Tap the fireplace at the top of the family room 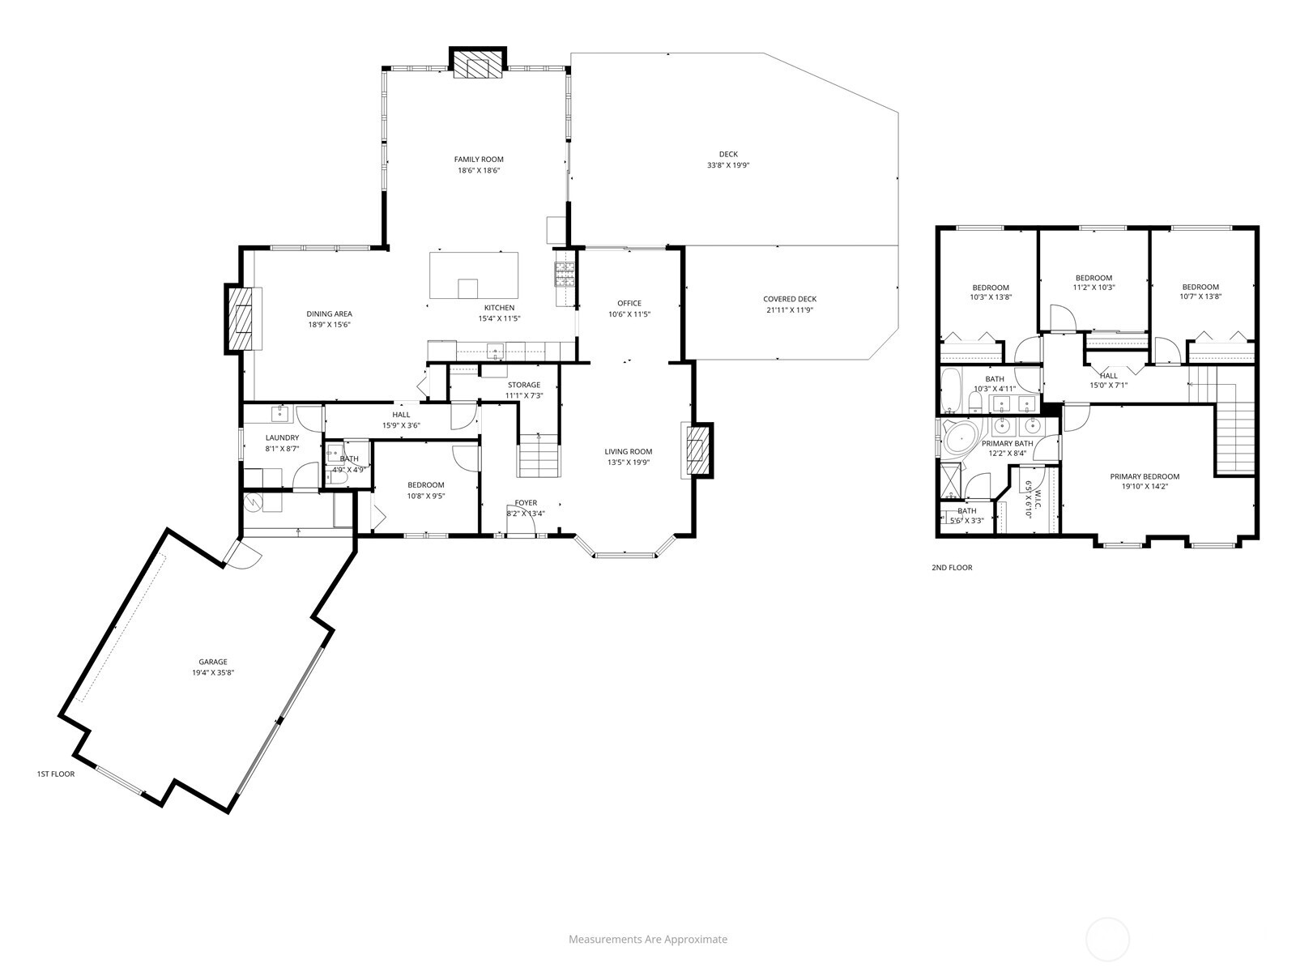pyautogui.click(x=478, y=65)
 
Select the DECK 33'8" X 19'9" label pyautogui.click(x=728, y=160)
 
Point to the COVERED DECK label pyautogui.click(x=789, y=299)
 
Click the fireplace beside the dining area pyautogui.click(x=241, y=318)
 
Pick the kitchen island pyautogui.click(x=474, y=275)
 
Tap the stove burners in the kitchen pyautogui.click(x=564, y=274)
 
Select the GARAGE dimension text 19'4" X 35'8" pyautogui.click(x=213, y=672)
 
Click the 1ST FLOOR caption pyautogui.click(x=56, y=774)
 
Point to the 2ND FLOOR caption pyautogui.click(x=952, y=568)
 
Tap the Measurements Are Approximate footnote pyautogui.click(x=647, y=940)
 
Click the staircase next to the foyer pyautogui.click(x=539, y=457)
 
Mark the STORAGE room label pyautogui.click(x=523, y=385)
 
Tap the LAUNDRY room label pyautogui.click(x=282, y=437)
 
